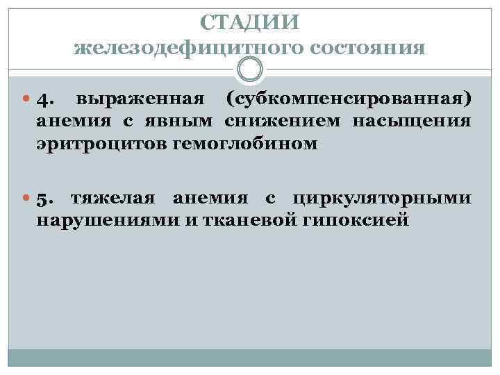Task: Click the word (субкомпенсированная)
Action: [x=349, y=100]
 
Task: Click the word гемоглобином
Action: [x=225, y=144]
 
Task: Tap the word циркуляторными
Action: [x=383, y=199]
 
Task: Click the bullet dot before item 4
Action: [x=26, y=101]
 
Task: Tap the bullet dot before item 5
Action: [x=26, y=200]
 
